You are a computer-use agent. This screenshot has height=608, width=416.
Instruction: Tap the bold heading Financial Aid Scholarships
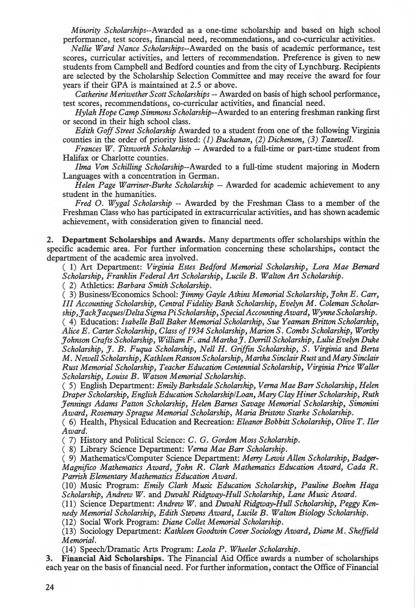tap(113, 558)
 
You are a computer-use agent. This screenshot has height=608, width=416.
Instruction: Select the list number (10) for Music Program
tap(69, 485)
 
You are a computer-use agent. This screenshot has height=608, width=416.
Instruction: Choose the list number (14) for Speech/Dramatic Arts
tap(69, 549)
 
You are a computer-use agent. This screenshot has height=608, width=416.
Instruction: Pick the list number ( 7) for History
tap(69, 440)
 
